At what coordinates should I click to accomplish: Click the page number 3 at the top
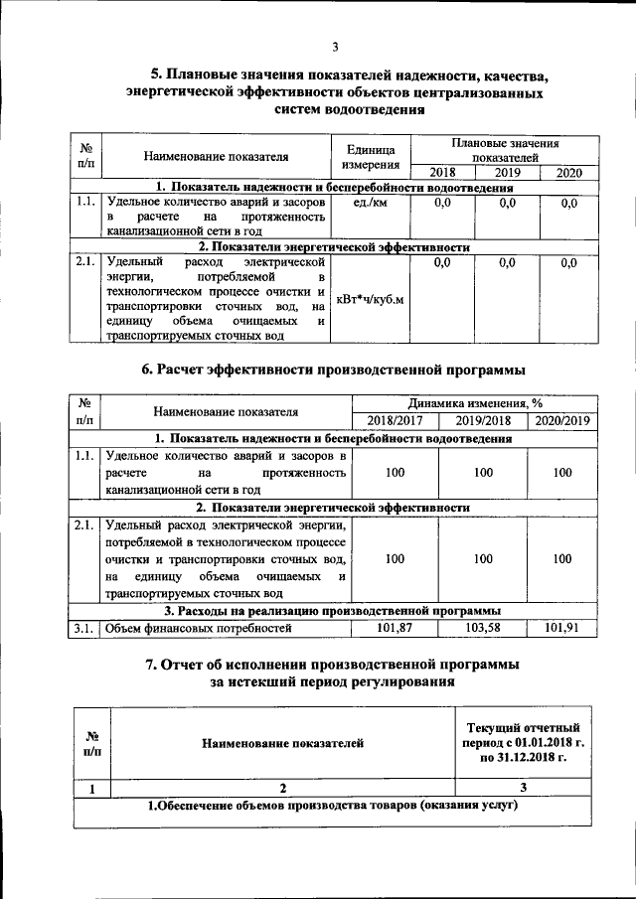pos(336,47)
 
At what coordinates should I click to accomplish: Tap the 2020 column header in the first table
pos(568,173)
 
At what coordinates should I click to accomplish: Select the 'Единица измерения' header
pos(370,156)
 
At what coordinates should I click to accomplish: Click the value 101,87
pos(395,628)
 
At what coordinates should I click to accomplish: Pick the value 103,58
pos(483,628)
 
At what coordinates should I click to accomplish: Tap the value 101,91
pos(562,628)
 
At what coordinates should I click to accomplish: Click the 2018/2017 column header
pos(395,420)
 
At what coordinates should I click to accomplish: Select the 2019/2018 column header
pos(483,420)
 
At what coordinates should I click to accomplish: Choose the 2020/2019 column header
pos(562,420)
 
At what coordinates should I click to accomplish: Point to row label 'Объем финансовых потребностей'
pos(199,628)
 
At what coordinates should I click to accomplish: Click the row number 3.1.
pos(84,628)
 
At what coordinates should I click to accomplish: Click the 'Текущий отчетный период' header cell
pos(523,743)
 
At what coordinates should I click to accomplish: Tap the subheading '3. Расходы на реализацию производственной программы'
pos(332,611)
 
